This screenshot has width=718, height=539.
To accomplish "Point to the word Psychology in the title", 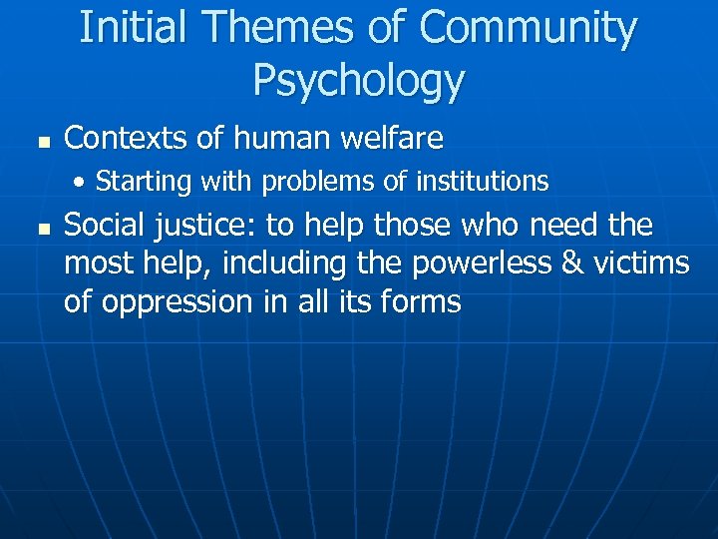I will click(359, 79).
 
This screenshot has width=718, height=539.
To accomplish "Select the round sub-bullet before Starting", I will click(84, 182).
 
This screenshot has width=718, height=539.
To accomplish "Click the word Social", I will click(102, 226).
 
